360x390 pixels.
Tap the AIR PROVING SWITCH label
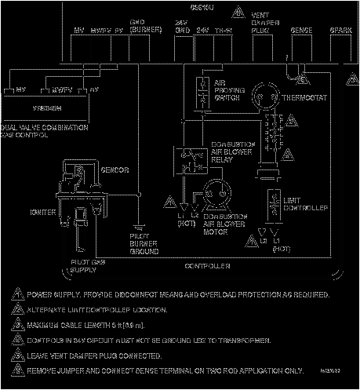click(x=227, y=89)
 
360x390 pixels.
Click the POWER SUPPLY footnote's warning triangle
click(x=17, y=296)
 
